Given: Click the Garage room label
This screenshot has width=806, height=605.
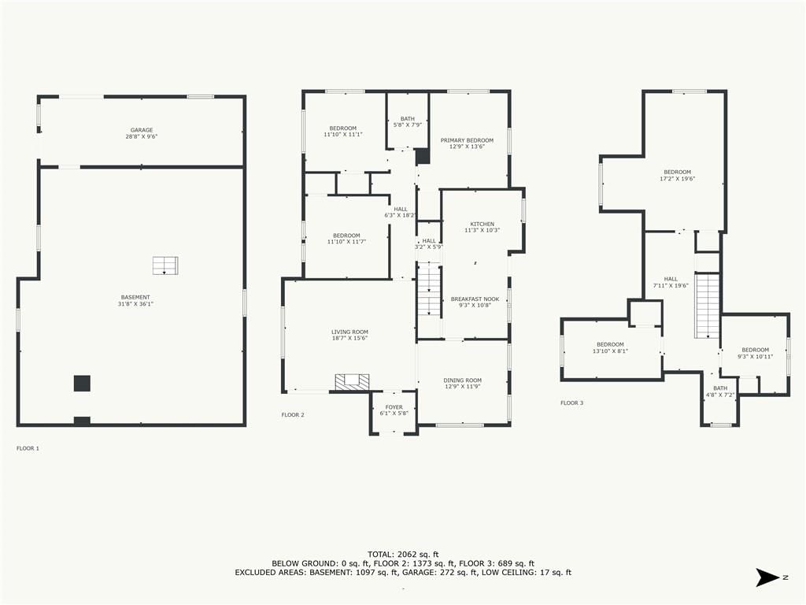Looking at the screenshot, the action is pyautogui.click(x=142, y=133).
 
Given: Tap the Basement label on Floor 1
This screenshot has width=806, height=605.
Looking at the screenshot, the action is pyautogui.click(x=135, y=300).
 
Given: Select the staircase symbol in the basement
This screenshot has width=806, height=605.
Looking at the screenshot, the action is pyautogui.click(x=165, y=265).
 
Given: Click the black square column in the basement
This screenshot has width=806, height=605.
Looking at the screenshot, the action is pyautogui.click(x=82, y=384).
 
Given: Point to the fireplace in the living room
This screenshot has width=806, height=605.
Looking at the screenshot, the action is pyautogui.click(x=352, y=382).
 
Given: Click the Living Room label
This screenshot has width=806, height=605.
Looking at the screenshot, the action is pyautogui.click(x=349, y=335).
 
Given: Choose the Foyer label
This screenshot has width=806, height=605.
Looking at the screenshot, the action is pyautogui.click(x=394, y=410).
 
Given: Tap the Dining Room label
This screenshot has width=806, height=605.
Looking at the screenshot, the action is pyautogui.click(x=463, y=384).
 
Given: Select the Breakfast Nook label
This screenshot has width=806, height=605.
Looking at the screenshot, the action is pyautogui.click(x=475, y=302).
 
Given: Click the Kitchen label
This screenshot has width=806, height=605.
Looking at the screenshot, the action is pyautogui.click(x=482, y=227).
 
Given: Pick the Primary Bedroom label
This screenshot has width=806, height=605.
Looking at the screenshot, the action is pyautogui.click(x=467, y=143).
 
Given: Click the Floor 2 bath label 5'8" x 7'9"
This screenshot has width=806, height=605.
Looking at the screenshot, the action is pyautogui.click(x=408, y=121).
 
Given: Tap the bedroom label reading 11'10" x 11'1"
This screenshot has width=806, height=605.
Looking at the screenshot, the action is pyautogui.click(x=343, y=132).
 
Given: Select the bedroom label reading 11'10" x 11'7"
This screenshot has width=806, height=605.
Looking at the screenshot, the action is pyautogui.click(x=346, y=238).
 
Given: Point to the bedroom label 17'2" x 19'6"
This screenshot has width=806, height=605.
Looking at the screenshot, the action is pyautogui.click(x=678, y=176).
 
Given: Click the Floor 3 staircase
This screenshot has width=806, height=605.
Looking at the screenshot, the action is pyautogui.click(x=708, y=305).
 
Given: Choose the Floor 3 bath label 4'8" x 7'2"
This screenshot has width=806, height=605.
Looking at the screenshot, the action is pyautogui.click(x=720, y=392).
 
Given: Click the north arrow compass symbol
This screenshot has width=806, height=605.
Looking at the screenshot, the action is pyautogui.click(x=768, y=577).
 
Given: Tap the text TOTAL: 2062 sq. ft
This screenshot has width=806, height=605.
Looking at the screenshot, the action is pyautogui.click(x=403, y=554).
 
